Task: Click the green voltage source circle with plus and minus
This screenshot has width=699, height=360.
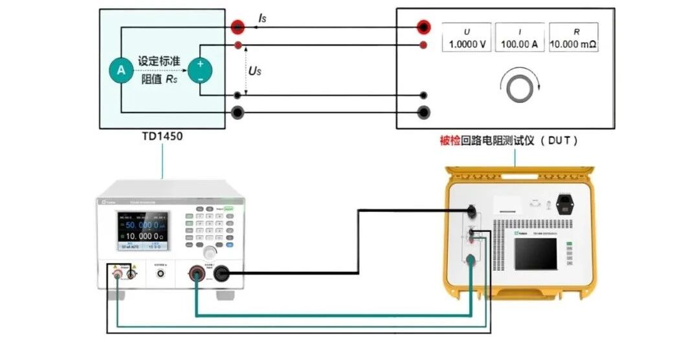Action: tap(200, 71)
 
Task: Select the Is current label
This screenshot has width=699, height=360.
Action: tap(261, 19)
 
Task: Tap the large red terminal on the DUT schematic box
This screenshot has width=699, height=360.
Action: tap(424, 27)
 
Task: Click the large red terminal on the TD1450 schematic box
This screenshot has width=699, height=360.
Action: tap(238, 27)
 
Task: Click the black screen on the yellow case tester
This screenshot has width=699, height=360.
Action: tap(536, 253)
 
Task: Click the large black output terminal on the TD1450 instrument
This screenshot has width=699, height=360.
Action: tap(221, 274)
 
